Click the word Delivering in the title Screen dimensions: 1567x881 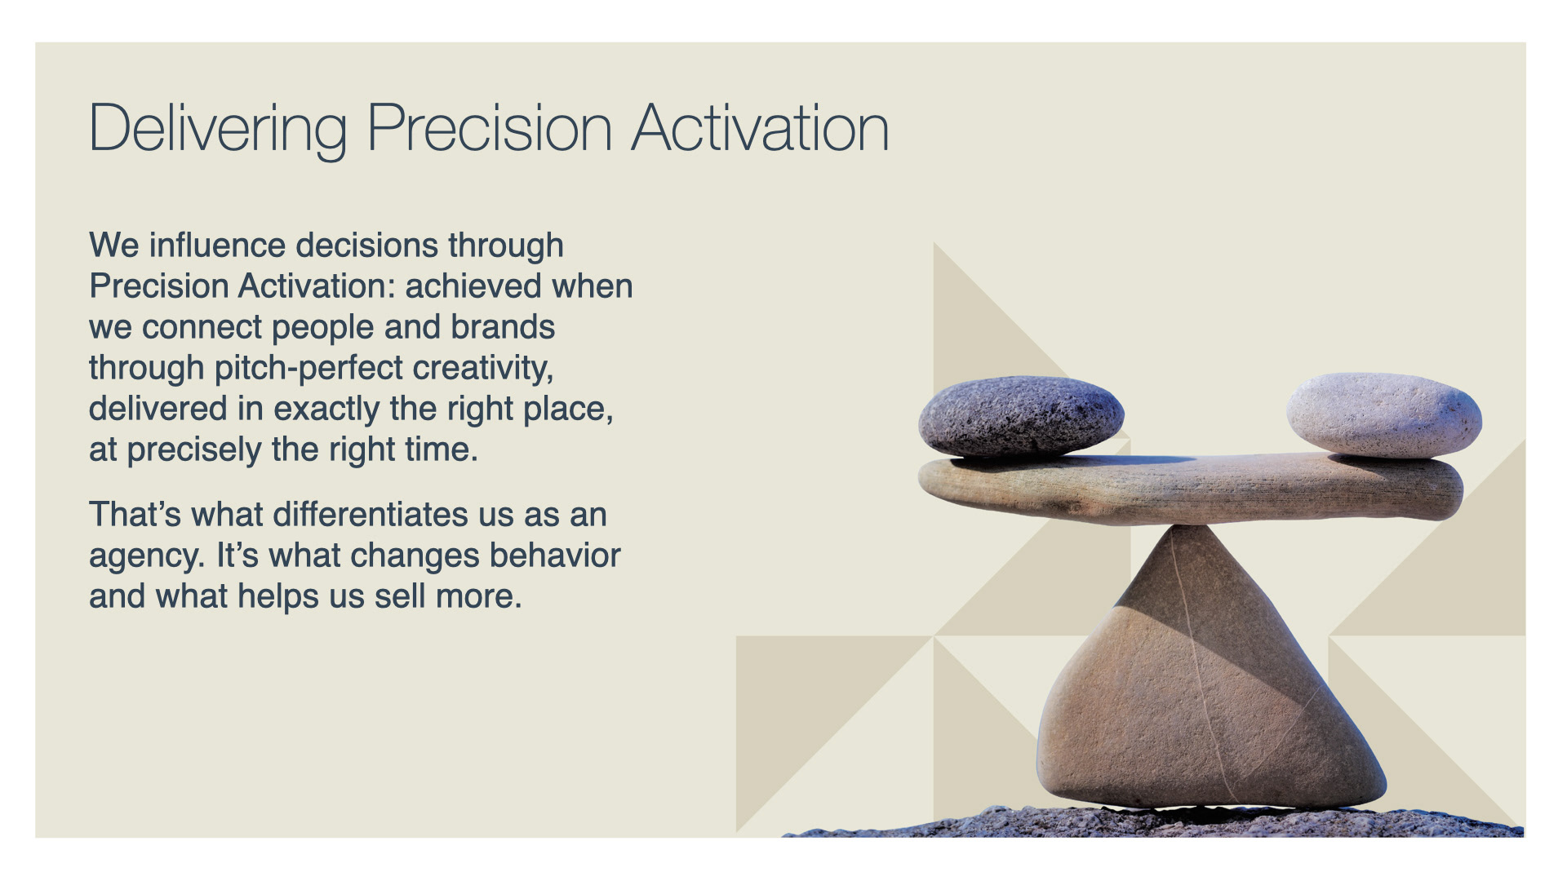(218, 129)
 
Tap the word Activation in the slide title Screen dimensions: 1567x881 (761, 128)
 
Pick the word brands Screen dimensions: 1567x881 (503, 327)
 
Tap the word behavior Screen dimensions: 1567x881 (555, 556)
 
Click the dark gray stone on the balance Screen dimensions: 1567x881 (1021, 416)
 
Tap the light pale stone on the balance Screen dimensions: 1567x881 (1384, 414)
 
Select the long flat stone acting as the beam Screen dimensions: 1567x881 (1190, 488)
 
